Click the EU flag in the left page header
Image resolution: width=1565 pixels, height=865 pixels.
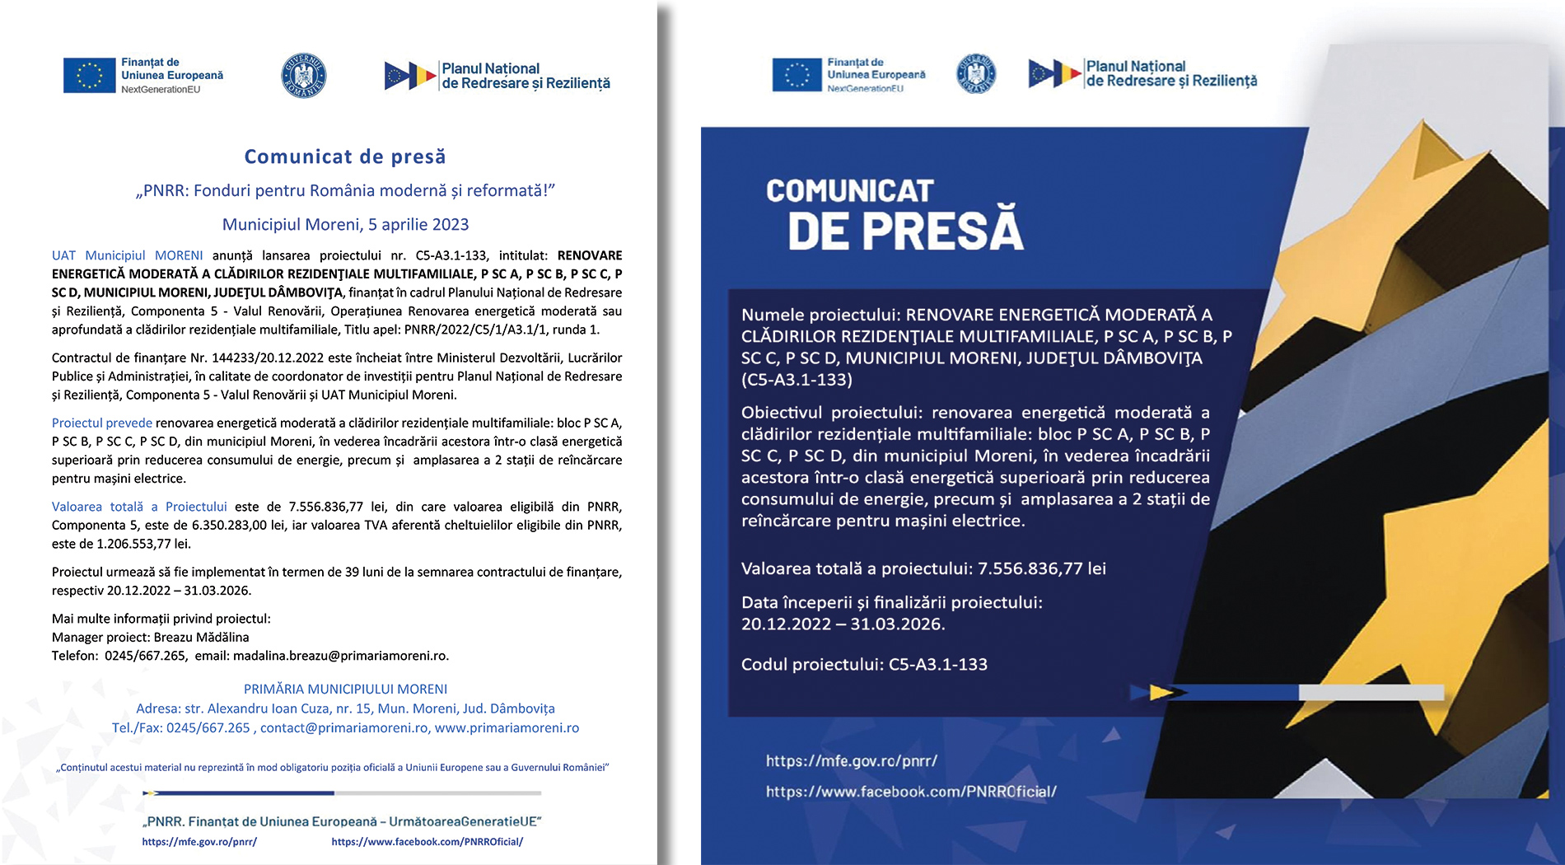coord(89,76)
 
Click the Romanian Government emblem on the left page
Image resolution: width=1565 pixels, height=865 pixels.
coord(304,76)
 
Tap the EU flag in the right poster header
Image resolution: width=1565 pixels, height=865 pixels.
coord(797,75)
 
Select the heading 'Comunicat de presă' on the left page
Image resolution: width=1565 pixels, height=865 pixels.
coord(345,157)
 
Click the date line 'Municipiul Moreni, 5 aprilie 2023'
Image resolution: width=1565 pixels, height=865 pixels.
coord(345,224)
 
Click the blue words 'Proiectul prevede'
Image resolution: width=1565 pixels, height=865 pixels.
coord(102,423)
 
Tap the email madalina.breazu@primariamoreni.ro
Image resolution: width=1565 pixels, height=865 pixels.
coord(340,656)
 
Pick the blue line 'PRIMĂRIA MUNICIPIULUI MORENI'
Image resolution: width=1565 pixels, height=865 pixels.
coord(345,689)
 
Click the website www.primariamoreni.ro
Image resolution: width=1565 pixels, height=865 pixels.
coord(507,727)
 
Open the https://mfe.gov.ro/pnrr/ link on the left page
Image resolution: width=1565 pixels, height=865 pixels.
coord(199,841)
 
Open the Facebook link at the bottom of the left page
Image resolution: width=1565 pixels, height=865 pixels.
coord(427,841)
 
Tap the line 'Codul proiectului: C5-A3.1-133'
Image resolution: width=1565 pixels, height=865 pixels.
coord(864,664)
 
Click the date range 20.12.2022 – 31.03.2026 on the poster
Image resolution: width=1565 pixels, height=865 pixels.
coord(843,624)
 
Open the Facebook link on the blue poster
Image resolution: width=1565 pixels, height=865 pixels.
coord(911,792)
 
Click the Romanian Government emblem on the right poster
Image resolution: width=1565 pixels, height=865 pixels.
coord(976,74)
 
